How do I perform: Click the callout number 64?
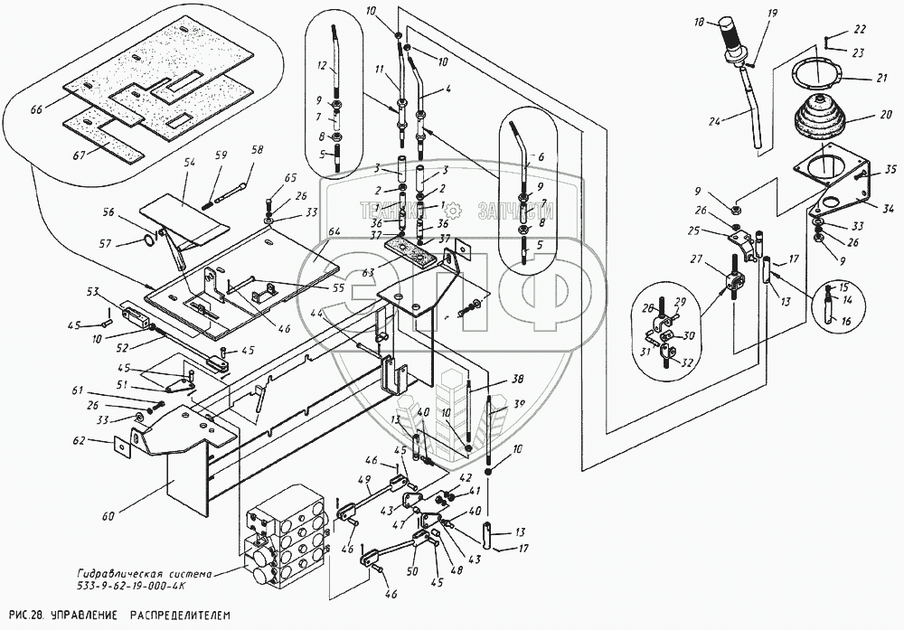click(x=334, y=232)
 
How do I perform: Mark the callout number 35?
click(x=890, y=170)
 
